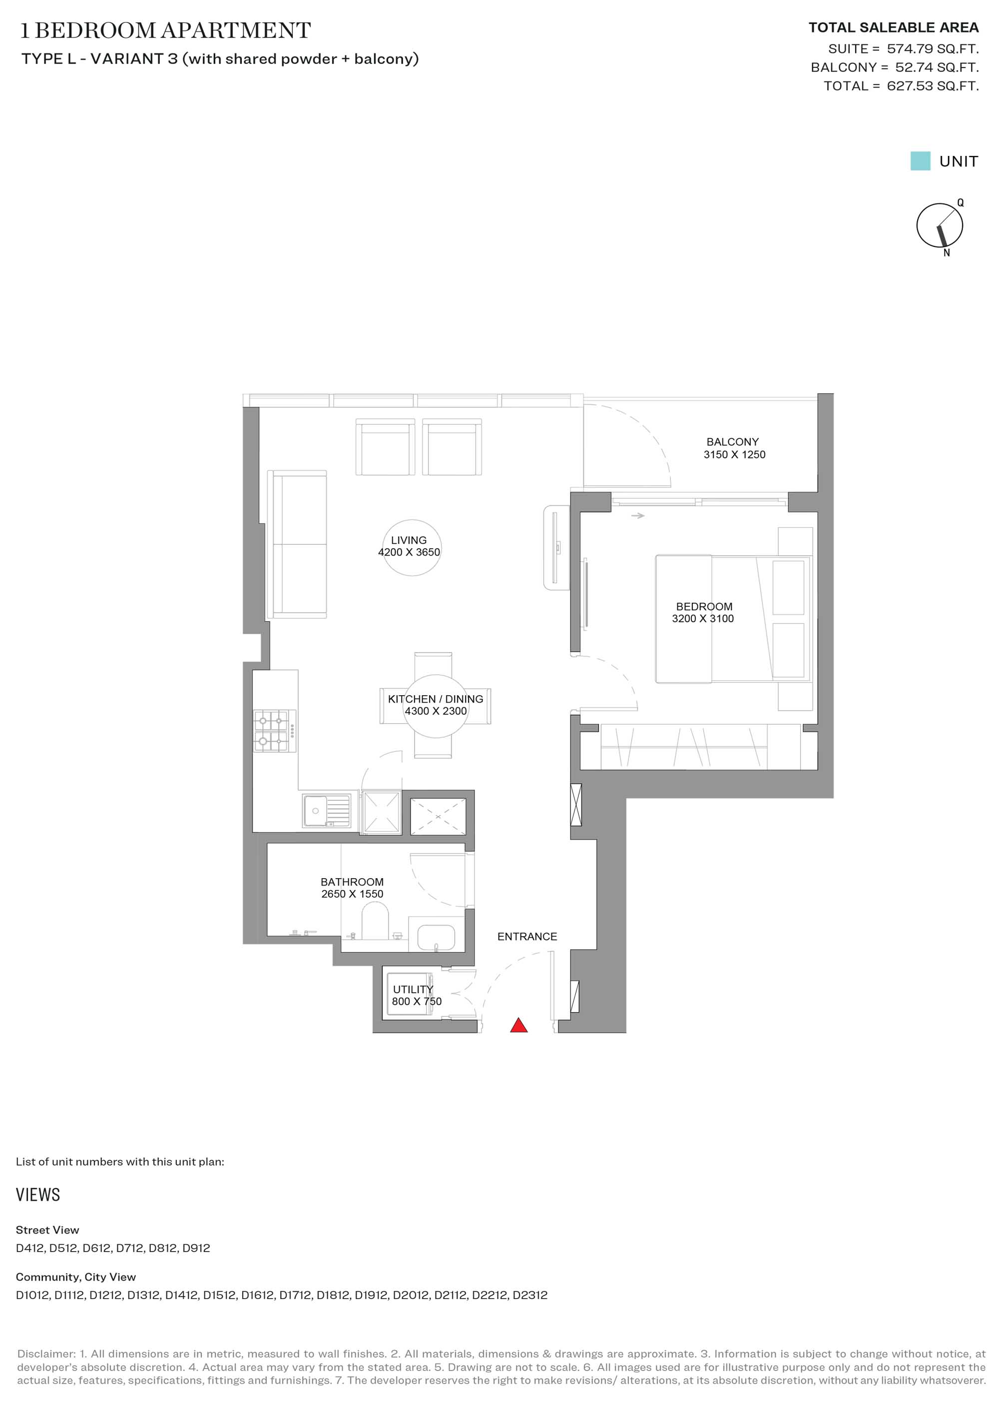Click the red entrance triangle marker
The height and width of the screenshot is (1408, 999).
coord(518,1025)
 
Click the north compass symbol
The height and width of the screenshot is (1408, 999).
coord(940,226)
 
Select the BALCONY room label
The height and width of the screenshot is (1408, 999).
coord(732,442)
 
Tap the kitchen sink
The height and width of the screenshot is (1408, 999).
coord(326,810)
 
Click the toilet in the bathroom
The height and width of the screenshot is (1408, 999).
coord(375,921)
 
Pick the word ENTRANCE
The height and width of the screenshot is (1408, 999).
coord(527,937)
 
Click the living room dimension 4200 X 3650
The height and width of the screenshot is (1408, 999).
coord(409,552)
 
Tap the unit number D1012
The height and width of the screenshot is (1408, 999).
coord(33,1295)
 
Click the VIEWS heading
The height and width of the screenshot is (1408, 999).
coord(38,1195)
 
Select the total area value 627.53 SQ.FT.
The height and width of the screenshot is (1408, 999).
coord(933,86)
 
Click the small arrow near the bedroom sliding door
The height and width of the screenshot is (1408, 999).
coord(637,516)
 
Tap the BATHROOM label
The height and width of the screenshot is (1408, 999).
coord(352,882)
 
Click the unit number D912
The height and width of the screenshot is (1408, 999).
coord(196,1248)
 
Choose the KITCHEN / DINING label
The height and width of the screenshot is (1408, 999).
coord(436,699)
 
